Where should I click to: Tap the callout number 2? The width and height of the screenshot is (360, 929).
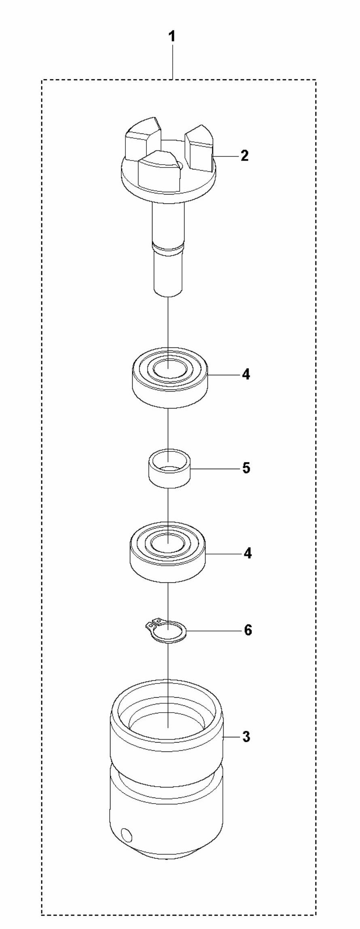pos(244,156)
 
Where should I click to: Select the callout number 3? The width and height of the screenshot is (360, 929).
pos(246,737)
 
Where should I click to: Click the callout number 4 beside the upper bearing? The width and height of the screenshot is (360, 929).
pos(246,375)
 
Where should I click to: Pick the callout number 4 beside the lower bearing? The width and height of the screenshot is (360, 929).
pos(247,553)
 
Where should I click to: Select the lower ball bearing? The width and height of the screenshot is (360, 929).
pos(168,558)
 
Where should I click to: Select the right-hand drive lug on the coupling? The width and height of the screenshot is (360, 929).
pos(199,149)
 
